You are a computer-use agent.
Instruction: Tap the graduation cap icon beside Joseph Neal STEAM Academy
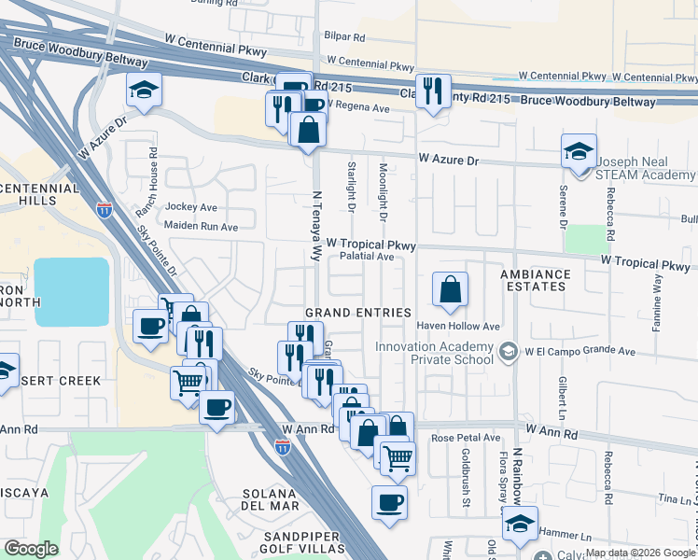click(x=579, y=151)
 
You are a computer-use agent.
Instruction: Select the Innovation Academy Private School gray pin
click(x=508, y=352)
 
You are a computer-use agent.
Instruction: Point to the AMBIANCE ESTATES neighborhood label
click(x=535, y=280)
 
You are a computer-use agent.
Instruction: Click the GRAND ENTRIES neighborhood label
click(x=358, y=312)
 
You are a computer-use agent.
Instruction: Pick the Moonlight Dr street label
click(x=384, y=190)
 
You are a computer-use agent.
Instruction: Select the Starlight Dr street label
click(x=352, y=186)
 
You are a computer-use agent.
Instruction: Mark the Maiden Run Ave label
click(x=201, y=226)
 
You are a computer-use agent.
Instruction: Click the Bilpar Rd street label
click(x=345, y=36)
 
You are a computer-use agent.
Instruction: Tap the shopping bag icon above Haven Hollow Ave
click(x=451, y=291)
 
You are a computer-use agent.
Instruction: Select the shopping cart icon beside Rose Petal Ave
click(x=398, y=458)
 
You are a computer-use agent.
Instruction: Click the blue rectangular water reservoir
click(x=72, y=291)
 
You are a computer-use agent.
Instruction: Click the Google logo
click(x=30, y=549)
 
